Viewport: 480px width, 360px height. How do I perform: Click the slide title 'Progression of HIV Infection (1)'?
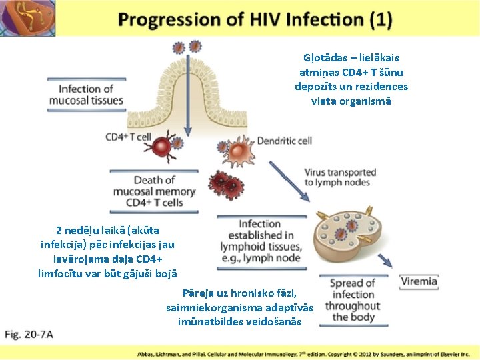tap(255, 19)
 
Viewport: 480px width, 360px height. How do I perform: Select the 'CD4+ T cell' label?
tap(128, 137)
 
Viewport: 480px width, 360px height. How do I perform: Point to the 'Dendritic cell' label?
tap(285, 140)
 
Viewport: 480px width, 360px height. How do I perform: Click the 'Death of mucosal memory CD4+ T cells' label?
tap(154, 191)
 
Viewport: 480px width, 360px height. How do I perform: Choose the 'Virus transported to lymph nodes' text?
tap(340, 177)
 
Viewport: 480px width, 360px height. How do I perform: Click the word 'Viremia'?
tap(419, 281)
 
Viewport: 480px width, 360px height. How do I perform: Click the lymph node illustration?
tap(337, 238)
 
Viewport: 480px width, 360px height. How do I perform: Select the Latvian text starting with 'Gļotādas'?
tap(351, 80)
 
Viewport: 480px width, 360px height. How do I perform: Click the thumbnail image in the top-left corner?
tap(28, 18)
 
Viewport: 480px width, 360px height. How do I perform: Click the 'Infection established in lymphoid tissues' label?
tap(260, 241)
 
